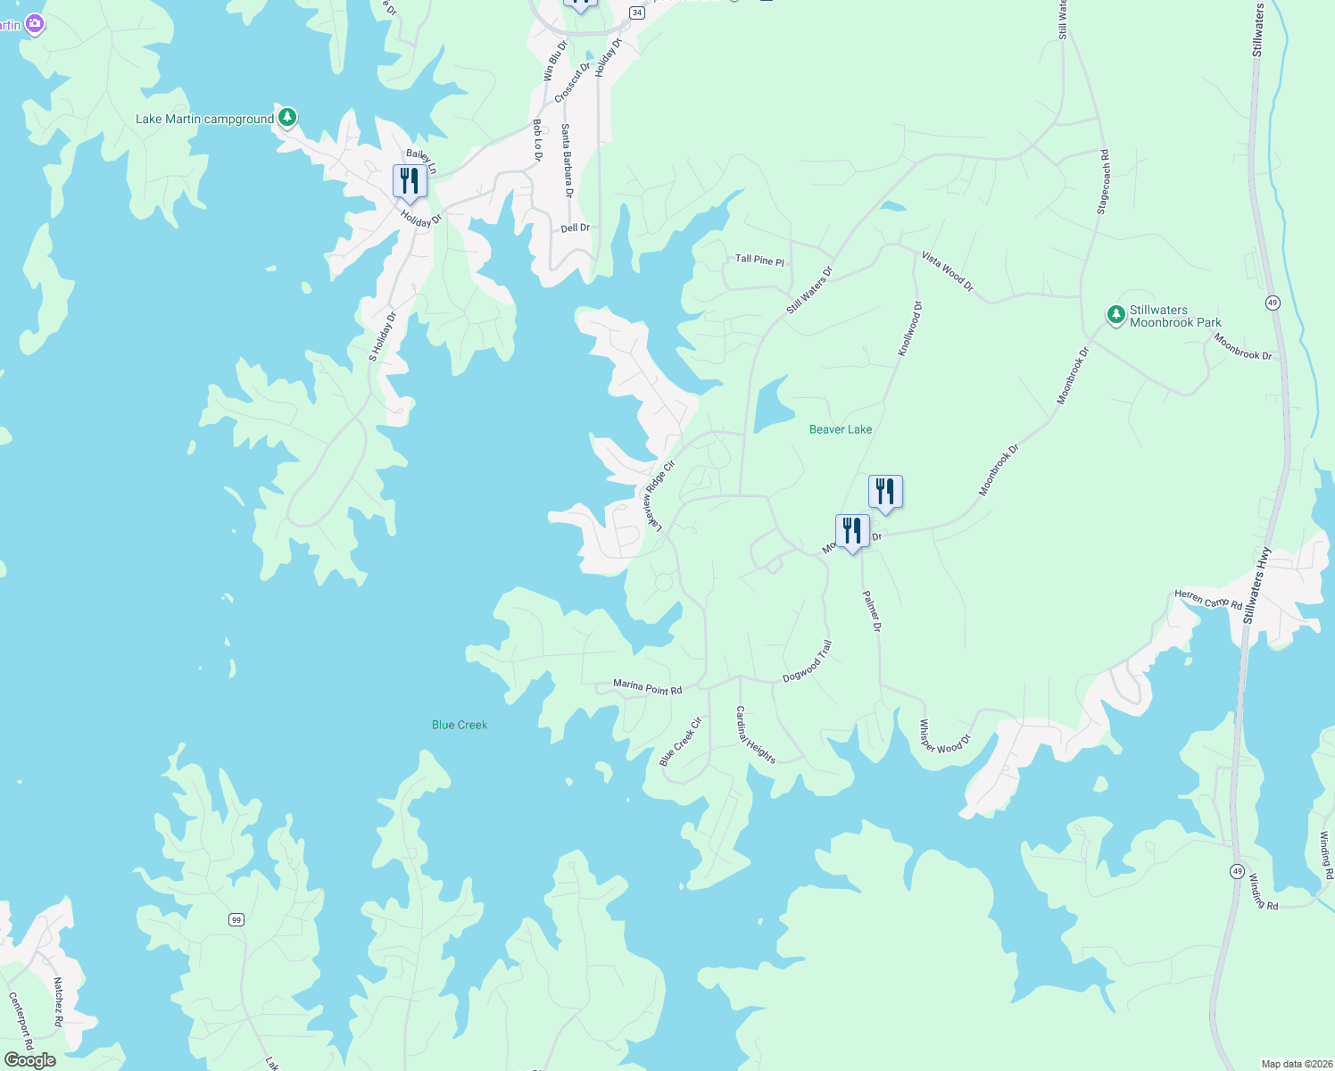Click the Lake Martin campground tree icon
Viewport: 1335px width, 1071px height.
tap(286, 117)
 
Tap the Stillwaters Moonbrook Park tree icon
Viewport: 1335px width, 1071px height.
tap(1115, 314)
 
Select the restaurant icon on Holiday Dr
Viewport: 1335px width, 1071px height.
tap(410, 181)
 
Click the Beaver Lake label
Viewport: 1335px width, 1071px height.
tap(840, 429)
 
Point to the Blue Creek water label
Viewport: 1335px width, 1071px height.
tap(460, 725)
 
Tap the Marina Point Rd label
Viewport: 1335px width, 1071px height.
tap(647, 687)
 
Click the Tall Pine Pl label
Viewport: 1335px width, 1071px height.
tap(759, 260)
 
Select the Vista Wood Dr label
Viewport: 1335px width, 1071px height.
tap(948, 271)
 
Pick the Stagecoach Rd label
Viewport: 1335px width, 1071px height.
tap(1103, 182)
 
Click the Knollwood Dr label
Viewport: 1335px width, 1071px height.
tap(910, 329)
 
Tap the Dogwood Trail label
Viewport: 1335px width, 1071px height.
tap(808, 661)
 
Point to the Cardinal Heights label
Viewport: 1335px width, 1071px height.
tap(755, 735)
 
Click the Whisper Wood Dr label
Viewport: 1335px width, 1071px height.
tap(944, 737)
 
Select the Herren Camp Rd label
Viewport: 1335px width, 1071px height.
tap(1208, 599)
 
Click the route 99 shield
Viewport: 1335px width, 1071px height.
tap(236, 919)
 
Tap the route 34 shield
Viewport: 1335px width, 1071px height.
tap(636, 12)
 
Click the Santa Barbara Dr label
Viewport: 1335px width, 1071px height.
tap(567, 161)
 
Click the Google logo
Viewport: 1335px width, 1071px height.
tap(30, 1060)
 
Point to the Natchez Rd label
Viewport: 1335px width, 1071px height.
tap(58, 1001)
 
